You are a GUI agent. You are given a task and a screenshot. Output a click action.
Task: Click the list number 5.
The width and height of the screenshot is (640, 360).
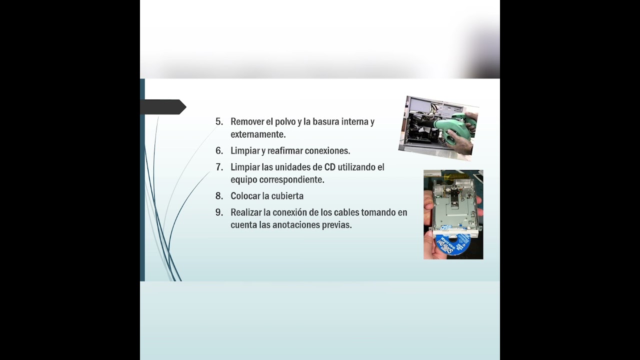pyautogui.click(x=219, y=121)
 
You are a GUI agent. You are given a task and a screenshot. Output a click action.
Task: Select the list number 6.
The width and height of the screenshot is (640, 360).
pyautogui.click(x=219, y=150)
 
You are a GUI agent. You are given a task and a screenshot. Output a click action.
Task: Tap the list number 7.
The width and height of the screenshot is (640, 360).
pyautogui.click(x=219, y=167)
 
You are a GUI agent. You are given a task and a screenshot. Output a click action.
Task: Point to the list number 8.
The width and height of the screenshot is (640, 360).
pyautogui.click(x=219, y=196)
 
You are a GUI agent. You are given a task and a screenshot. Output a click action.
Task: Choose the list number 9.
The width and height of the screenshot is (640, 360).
pyautogui.click(x=219, y=212)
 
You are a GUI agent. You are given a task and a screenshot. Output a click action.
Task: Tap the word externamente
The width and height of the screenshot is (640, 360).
pyautogui.click(x=258, y=134)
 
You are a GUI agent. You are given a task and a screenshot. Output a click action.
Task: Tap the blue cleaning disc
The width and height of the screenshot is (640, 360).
pyautogui.click(x=452, y=242)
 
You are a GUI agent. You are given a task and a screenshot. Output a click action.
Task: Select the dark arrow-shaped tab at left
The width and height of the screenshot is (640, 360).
pyautogui.click(x=163, y=107)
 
